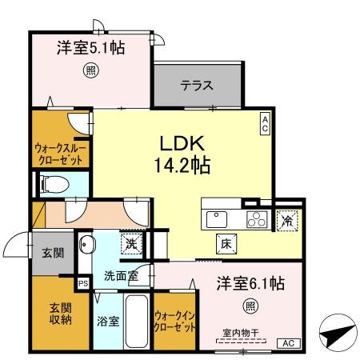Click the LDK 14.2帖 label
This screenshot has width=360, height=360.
[x=183, y=154]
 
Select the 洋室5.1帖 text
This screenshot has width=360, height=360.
[x=90, y=47]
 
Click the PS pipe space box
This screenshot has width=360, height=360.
[x=82, y=282]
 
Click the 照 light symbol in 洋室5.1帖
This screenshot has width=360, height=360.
[x=90, y=71]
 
